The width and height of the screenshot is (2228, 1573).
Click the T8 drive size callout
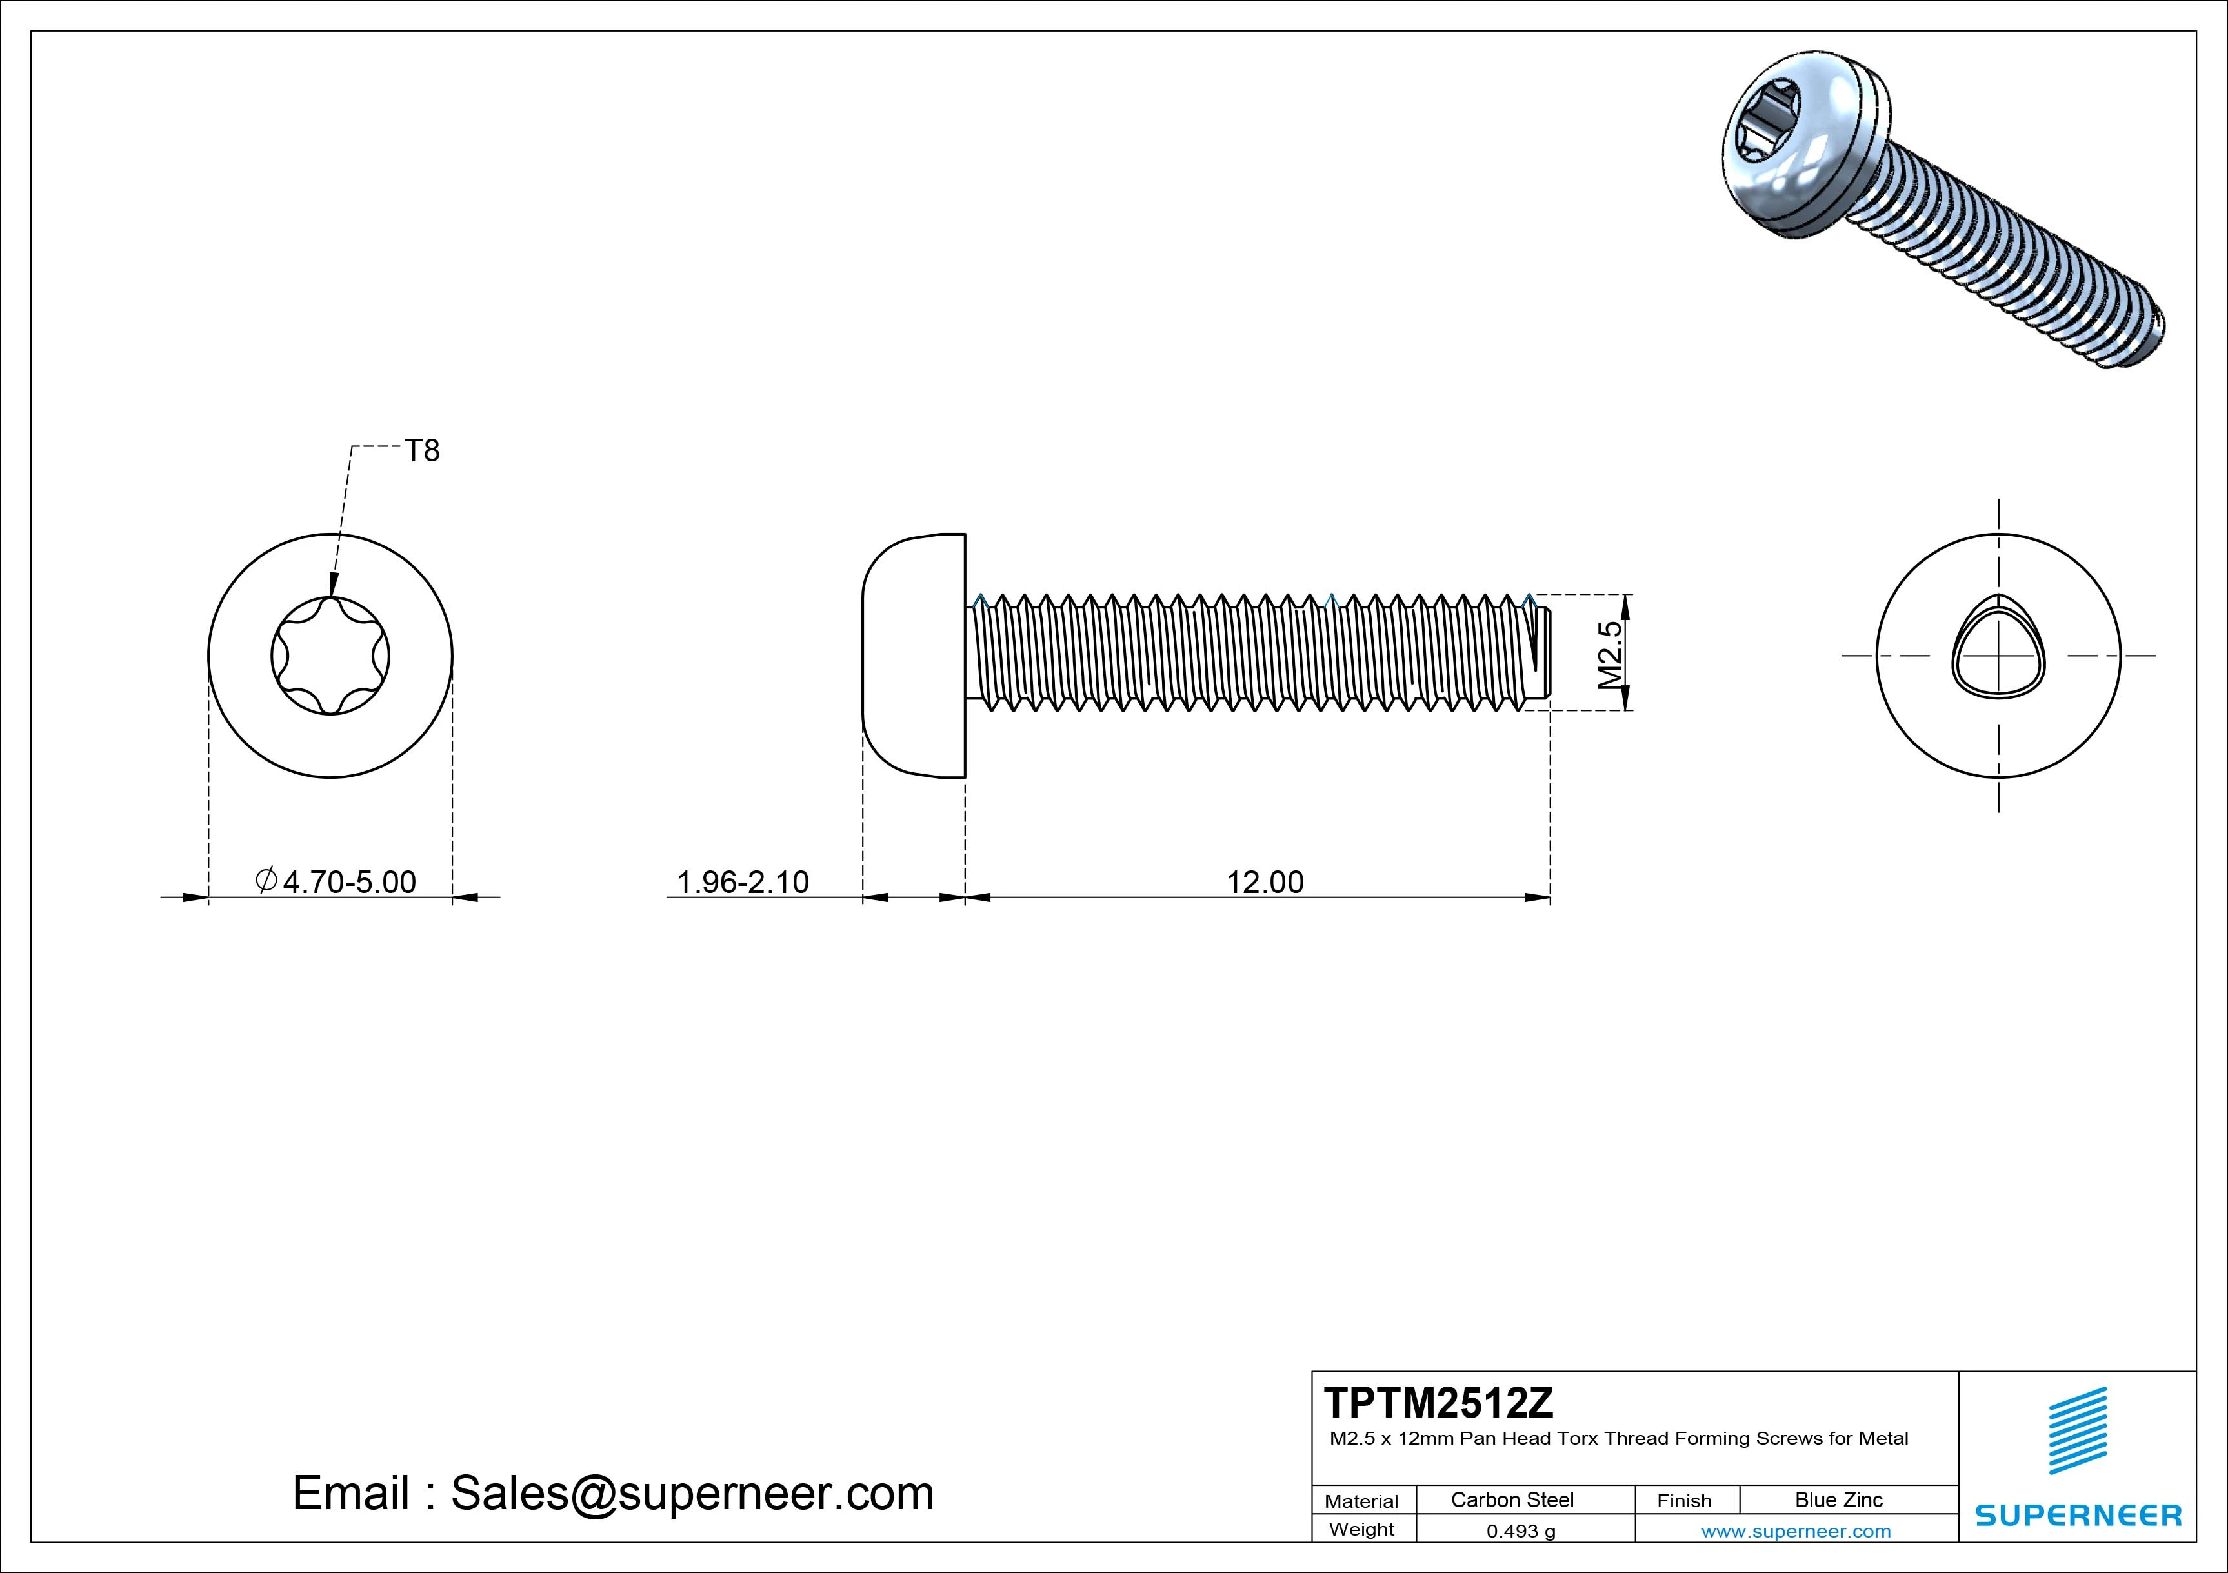pos(422,450)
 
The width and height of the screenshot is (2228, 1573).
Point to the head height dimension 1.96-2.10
pos(742,881)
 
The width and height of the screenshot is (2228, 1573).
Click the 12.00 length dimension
pos(1265,881)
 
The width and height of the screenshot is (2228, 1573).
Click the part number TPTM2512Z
pos(1438,1402)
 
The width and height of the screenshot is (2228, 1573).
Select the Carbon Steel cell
pos(1511,1499)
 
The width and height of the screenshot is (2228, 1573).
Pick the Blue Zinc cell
pos(1838,1499)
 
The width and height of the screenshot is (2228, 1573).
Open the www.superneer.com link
pos(1795,1531)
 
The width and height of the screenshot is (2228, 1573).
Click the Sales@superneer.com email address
pos(692,1492)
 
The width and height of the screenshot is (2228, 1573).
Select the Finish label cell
pos(1683,1500)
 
